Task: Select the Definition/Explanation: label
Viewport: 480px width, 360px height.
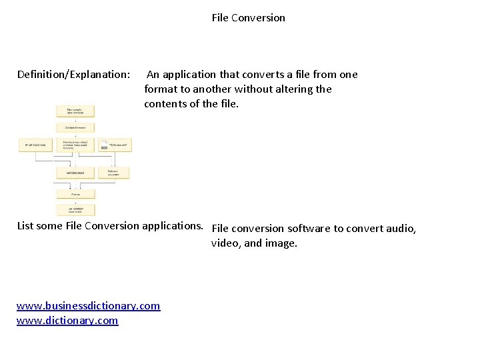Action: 73,75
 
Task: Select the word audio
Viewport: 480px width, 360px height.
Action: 401,229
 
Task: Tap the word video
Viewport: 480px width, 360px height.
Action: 225,243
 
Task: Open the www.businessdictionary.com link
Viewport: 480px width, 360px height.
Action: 88,306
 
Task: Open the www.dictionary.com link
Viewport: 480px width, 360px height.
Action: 67,321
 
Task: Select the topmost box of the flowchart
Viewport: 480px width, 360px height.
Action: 75,111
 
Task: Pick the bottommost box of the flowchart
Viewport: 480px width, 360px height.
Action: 75,209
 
